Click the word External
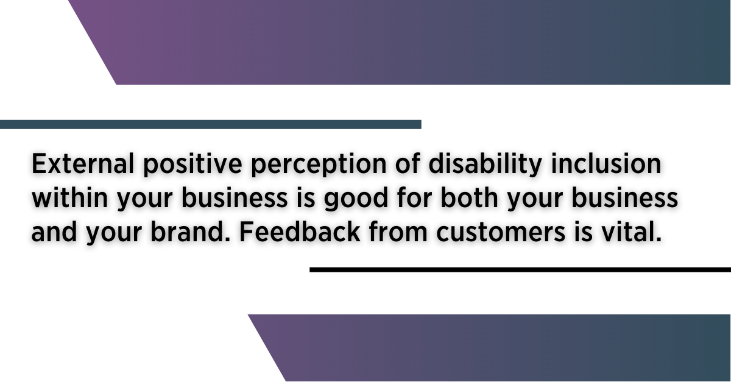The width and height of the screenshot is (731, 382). point(83,163)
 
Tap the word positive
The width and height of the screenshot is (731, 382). point(192,165)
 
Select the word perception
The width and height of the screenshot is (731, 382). point(319,165)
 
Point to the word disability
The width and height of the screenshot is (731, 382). point(486,165)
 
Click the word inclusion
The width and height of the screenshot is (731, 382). point(606,163)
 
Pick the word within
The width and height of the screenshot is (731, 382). point(70,197)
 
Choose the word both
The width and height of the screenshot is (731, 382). point(470,197)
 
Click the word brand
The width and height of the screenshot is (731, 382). point(190,231)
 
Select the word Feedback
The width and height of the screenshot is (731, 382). point(300,231)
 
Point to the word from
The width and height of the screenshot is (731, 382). point(398,231)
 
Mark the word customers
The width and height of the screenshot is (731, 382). point(501,233)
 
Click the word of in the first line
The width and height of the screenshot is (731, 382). point(408,163)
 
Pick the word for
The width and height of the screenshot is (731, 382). point(414,197)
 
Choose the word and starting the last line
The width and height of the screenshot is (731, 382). point(54,231)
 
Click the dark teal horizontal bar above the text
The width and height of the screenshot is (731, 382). point(211,124)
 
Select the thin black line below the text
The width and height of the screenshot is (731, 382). point(520,270)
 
